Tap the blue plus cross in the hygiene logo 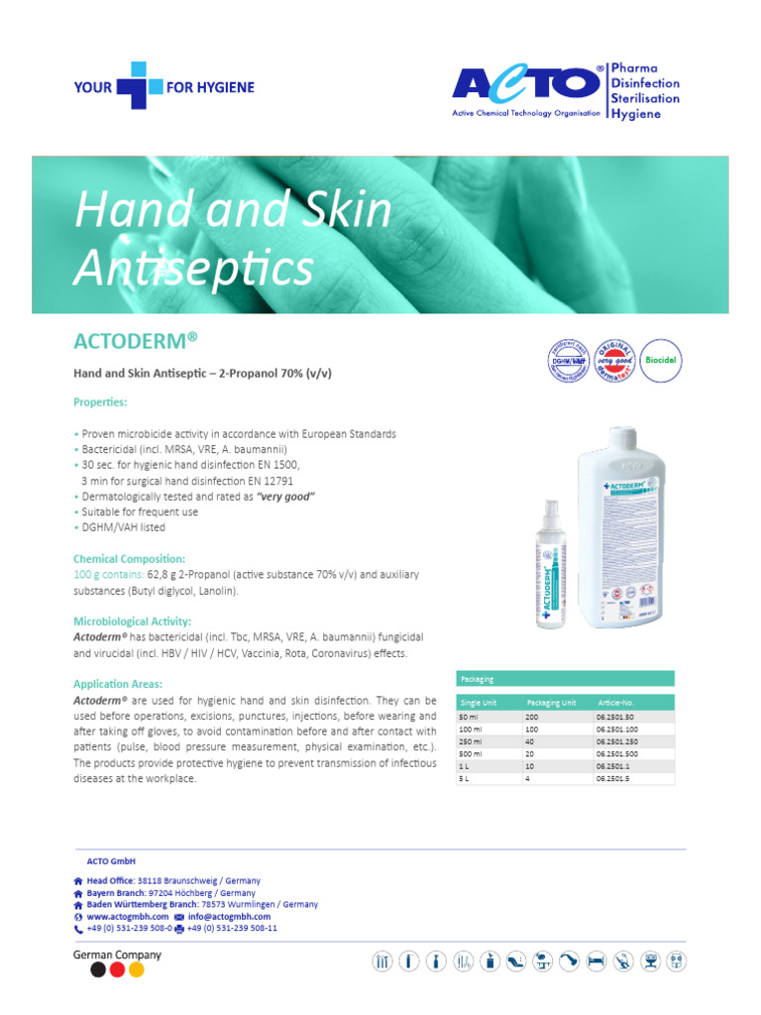pyautogui.click(x=140, y=86)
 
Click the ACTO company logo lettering pyautogui.click(x=526, y=83)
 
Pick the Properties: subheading pyautogui.click(x=100, y=402)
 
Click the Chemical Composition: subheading pyautogui.click(x=129, y=559)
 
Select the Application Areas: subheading pyautogui.click(x=118, y=684)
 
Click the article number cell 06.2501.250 pyautogui.click(x=619, y=740)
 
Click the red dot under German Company pyautogui.click(x=118, y=970)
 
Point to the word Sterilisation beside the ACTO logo pyautogui.click(x=646, y=98)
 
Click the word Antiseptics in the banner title pyautogui.click(x=195, y=268)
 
